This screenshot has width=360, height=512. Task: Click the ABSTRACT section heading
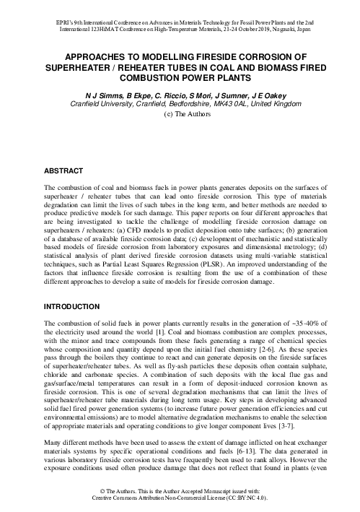tap(65, 173)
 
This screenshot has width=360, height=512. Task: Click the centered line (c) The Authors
tap(180, 114)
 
